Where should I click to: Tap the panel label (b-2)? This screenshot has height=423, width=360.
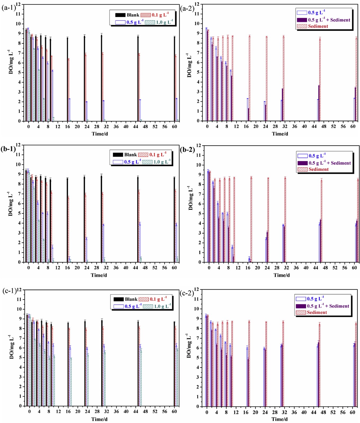point(187,150)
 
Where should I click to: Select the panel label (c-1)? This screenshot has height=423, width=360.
point(10,291)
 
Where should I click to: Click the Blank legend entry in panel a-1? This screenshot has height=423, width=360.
point(127,15)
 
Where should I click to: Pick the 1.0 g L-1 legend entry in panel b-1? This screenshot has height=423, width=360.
point(156,162)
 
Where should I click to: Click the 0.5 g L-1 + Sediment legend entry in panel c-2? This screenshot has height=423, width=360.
point(322,306)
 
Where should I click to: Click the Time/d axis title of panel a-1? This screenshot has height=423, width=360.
point(100,134)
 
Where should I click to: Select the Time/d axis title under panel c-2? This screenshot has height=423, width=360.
point(280,419)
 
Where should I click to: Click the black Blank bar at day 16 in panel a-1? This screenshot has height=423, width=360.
point(67,79)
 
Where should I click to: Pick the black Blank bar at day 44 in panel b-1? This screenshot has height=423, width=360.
point(138,219)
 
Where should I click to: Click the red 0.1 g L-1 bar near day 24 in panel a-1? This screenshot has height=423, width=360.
point(85,87)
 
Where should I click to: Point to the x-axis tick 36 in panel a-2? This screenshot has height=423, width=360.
point(295,126)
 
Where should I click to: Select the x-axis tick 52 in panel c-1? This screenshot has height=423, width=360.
point(155,411)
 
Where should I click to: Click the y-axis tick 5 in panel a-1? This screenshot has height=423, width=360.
point(19,72)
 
